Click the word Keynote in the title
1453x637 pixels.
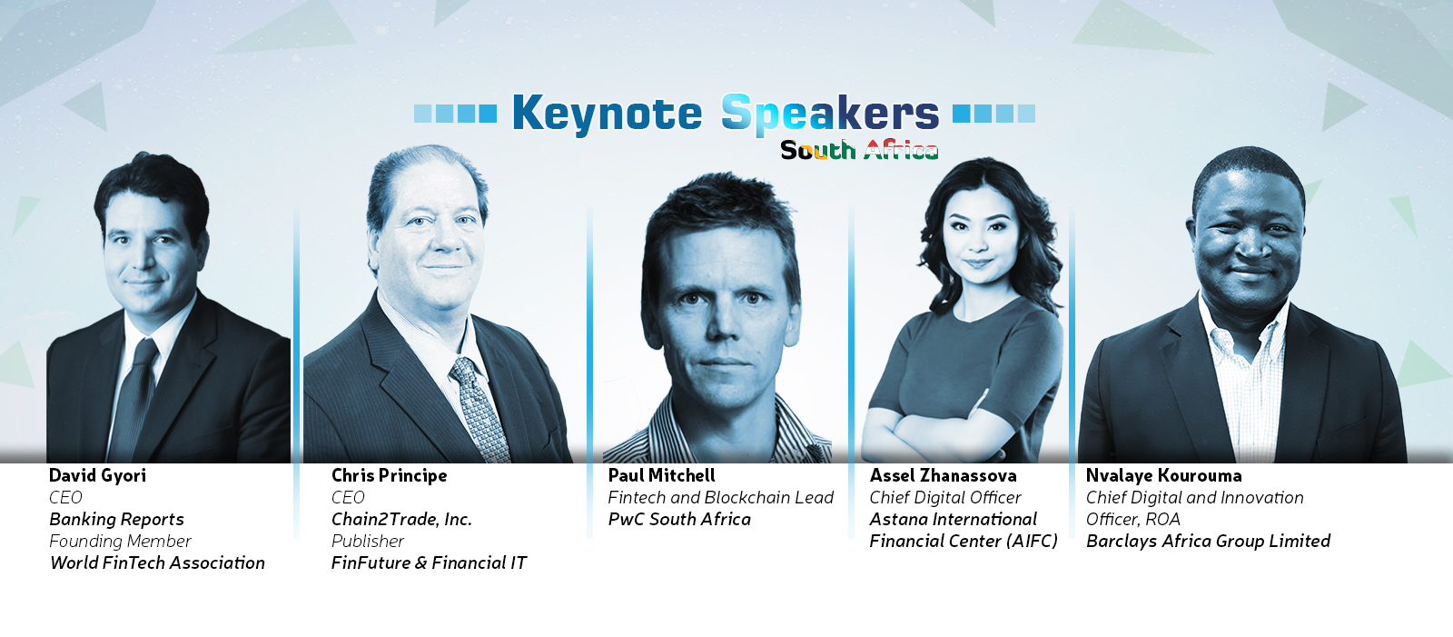click(607, 114)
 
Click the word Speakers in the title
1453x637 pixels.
click(830, 114)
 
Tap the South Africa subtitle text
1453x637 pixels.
click(859, 150)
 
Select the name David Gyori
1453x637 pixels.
click(97, 476)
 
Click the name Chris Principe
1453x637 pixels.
click(390, 476)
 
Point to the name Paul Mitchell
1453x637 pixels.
click(662, 476)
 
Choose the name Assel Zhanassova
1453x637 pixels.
click(944, 476)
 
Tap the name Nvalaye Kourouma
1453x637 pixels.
click(1163, 476)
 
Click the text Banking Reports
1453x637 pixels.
click(117, 520)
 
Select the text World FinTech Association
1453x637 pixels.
click(158, 563)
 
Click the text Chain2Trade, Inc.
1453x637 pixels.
click(401, 520)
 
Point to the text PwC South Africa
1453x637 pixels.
click(679, 520)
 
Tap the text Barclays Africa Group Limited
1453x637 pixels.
click(1208, 541)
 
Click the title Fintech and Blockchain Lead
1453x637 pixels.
click(721, 497)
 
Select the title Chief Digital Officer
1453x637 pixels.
click(945, 497)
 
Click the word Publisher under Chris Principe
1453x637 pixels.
click(367, 541)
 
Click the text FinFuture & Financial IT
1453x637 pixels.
click(429, 563)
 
